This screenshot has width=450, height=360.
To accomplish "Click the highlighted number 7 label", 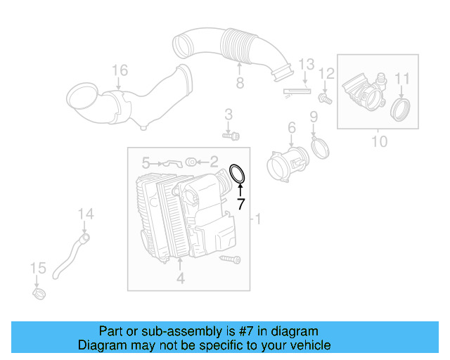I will coord(240,205).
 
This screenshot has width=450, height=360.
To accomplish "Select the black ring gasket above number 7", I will coord(238,173).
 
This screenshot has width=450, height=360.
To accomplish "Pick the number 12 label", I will coord(327,73).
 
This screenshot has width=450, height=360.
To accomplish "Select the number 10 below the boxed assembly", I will coord(379,141).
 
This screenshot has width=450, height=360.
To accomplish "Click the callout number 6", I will coord(291,127).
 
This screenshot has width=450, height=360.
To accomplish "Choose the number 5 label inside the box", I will coord(146,162).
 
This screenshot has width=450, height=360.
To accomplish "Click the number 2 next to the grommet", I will coord(214,162).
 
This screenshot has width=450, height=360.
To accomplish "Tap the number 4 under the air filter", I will coord(180,279).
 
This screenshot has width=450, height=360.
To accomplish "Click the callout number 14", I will coord(85,214).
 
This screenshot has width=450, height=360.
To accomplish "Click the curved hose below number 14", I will coord(70,257).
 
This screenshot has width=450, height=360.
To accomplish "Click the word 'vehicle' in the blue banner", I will coord(307,345).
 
